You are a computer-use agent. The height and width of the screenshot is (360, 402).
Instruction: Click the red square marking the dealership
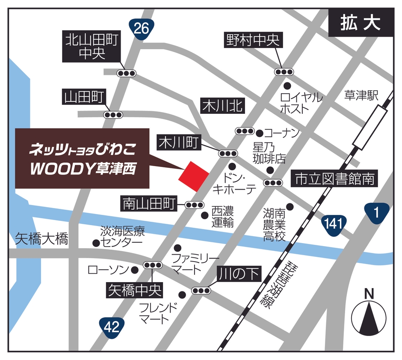(194, 176)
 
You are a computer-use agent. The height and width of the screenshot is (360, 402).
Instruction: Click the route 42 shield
(112, 327)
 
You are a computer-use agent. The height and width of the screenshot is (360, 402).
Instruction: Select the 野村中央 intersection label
(252, 41)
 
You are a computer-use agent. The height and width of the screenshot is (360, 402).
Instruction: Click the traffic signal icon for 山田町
(113, 114)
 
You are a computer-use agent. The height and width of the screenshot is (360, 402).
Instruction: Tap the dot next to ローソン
(135, 270)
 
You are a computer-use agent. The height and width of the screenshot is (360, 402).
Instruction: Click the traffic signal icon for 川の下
(201, 291)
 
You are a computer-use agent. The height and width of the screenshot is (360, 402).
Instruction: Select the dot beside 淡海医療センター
(96, 243)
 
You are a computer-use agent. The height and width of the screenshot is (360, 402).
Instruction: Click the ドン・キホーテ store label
(234, 183)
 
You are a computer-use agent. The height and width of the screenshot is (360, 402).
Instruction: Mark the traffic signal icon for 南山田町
(195, 205)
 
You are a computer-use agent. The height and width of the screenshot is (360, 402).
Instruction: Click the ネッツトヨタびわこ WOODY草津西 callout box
(82, 158)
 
